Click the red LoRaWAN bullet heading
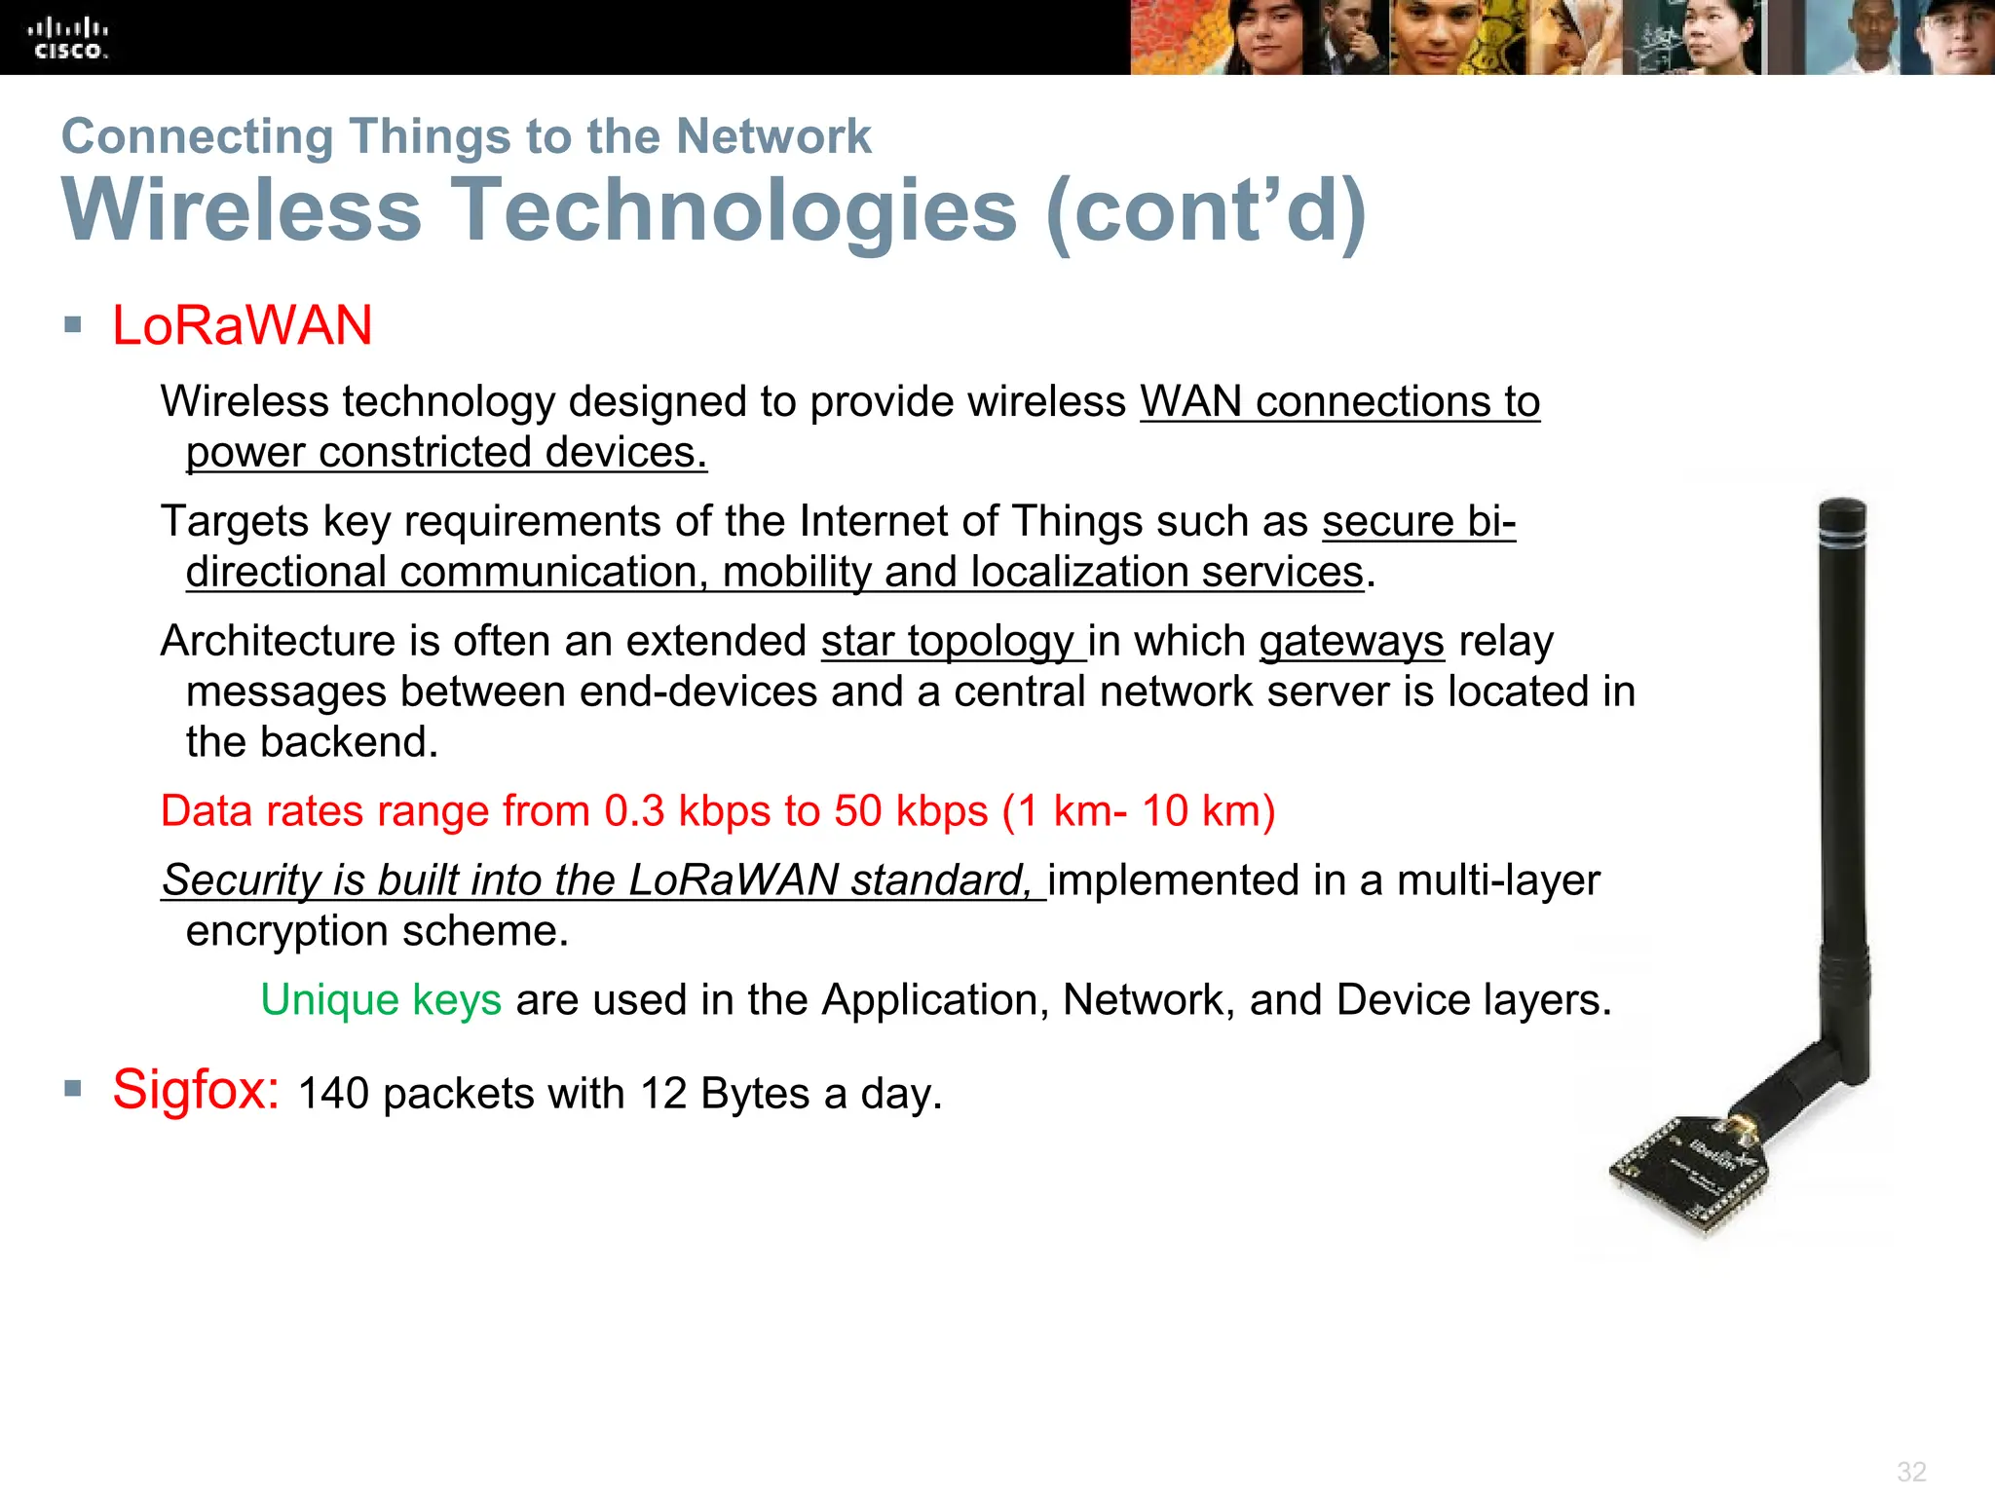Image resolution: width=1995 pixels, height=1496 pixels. pyautogui.click(x=242, y=325)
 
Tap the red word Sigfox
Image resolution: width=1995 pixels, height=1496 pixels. pyautogui.click(x=195, y=1089)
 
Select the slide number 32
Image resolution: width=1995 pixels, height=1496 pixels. pyautogui.click(x=1911, y=1471)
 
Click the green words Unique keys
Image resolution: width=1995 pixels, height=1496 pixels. pyautogui.click(x=381, y=1000)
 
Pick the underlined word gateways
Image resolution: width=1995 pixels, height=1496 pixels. pyautogui.click(x=1351, y=642)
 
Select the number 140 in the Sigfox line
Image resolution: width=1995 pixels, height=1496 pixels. pyautogui.click(x=333, y=1094)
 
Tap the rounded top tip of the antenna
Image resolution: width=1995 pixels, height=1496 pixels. pyautogui.click(x=1842, y=509)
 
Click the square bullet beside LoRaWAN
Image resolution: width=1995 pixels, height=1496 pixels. pyautogui.click(x=73, y=324)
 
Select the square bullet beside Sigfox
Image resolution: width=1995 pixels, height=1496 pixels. pyautogui.click(x=73, y=1088)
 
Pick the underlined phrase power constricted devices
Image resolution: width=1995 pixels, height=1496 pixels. pyautogui.click(x=446, y=453)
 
